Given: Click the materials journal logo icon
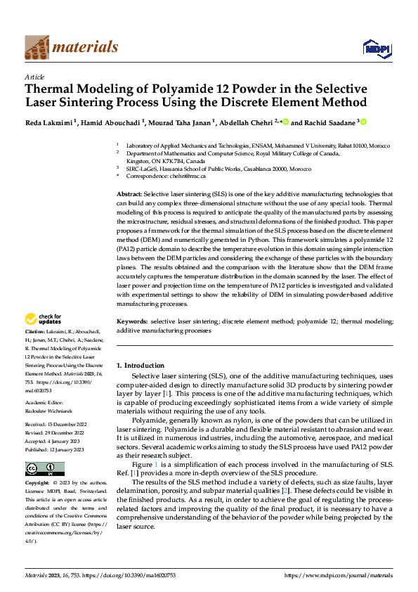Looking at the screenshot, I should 37,47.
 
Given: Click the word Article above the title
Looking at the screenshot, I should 34,77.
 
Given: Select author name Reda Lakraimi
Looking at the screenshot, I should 48,122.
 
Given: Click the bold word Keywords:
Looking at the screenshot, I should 131,321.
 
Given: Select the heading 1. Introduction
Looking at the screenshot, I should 141,366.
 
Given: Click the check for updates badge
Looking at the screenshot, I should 42,320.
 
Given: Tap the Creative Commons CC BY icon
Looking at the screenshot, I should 44,469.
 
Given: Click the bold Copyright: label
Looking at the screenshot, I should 37,484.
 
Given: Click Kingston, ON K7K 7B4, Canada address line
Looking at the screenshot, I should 161,161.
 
